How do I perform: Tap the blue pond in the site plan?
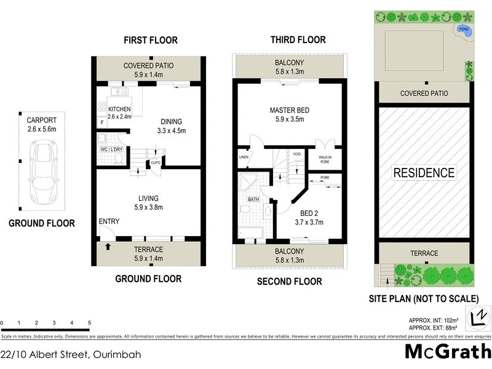(464, 30)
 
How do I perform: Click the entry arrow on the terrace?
(108, 247)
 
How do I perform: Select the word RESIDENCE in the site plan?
(424, 173)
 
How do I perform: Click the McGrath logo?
(448, 352)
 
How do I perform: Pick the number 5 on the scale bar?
(90, 323)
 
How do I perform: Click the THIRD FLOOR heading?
(298, 40)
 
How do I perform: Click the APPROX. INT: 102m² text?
(434, 319)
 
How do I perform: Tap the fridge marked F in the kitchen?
(101, 123)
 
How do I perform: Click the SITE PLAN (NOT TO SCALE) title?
(424, 299)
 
